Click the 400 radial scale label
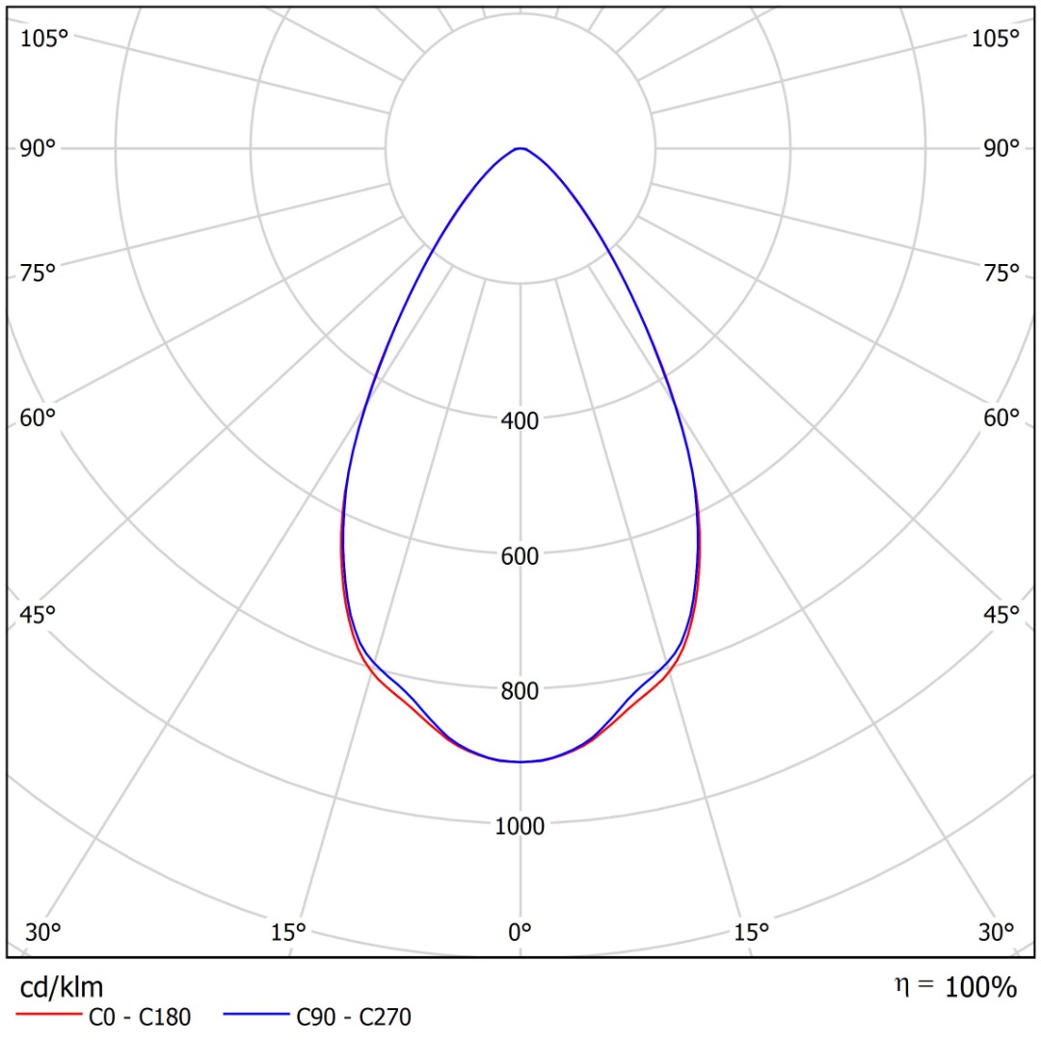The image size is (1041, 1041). [x=520, y=420]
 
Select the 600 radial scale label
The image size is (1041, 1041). [x=520, y=556]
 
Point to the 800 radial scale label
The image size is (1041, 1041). [x=520, y=690]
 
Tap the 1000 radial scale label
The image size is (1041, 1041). [x=520, y=826]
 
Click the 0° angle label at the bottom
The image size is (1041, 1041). [x=520, y=932]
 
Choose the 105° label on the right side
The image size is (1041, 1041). [x=996, y=39]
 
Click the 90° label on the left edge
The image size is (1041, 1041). [x=39, y=148]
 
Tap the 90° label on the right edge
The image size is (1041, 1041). [x=1001, y=148]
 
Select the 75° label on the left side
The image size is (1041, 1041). [x=39, y=273]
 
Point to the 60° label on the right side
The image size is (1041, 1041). [x=1001, y=417]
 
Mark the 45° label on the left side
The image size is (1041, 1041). [x=39, y=615]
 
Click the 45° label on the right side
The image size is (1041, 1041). [x=1001, y=615]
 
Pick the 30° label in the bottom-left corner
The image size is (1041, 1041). [x=43, y=932]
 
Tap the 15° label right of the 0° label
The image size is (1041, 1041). [x=752, y=932]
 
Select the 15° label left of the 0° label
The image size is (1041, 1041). [x=288, y=932]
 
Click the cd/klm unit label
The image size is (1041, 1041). [x=62, y=986]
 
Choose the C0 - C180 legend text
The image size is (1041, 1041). [x=140, y=1016]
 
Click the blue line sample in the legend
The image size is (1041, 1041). [x=255, y=1015]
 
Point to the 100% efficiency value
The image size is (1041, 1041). [x=980, y=987]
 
